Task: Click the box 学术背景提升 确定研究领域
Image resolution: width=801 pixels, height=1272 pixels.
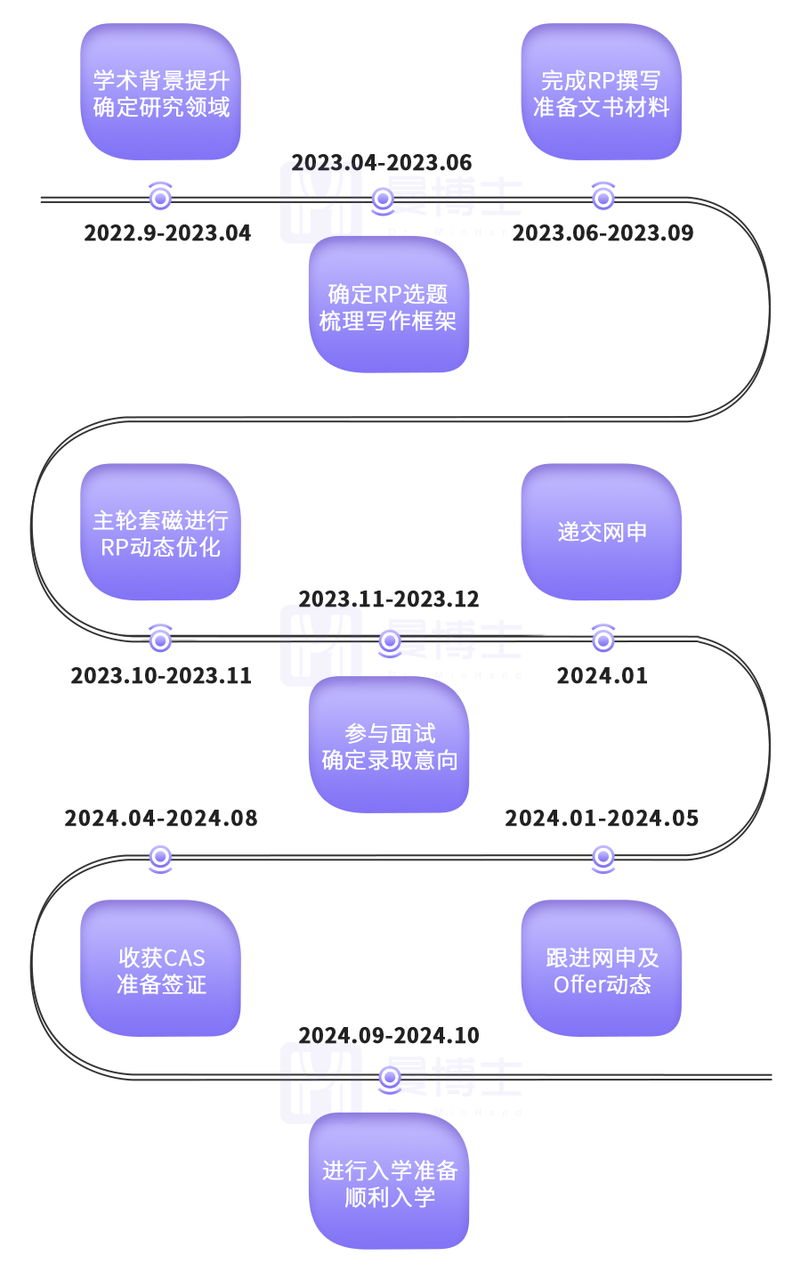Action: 161,93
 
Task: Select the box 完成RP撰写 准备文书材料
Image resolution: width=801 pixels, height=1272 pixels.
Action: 602,93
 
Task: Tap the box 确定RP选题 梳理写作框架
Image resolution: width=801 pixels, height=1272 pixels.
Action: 388,306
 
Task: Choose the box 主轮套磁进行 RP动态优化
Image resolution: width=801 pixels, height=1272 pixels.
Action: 161,533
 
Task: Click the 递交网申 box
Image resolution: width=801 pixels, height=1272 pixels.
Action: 602,533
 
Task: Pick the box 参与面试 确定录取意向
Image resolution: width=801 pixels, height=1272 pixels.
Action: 388,746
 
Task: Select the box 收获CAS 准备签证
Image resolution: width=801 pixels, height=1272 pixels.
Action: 161,969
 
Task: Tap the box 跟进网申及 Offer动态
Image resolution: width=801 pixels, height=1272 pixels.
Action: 602,969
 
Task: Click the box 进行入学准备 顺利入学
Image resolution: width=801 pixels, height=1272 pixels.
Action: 388,1182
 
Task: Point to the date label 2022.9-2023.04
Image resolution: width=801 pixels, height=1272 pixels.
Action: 167,233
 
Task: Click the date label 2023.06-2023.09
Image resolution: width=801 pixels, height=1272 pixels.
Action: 603,233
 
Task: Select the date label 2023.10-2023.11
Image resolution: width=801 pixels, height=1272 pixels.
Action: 161,676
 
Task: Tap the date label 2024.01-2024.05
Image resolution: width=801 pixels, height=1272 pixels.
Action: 603,819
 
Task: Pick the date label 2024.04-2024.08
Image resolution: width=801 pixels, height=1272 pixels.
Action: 161,819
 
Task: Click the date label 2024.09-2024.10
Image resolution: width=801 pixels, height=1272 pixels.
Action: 389,1036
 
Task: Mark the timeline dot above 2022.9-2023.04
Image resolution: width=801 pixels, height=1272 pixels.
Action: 160,197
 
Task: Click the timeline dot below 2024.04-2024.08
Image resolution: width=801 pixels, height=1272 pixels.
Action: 160,858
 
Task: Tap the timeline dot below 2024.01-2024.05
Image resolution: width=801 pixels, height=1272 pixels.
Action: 603,858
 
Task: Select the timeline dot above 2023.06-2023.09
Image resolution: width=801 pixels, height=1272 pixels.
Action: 603,197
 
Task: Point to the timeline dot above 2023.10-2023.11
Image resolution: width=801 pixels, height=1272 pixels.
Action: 160,639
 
